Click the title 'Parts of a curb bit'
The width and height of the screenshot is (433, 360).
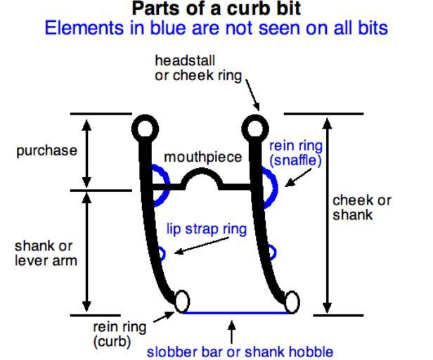coord(216,9)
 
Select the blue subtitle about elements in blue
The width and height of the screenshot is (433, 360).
coord(216,29)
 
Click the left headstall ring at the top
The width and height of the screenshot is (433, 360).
coord(144,129)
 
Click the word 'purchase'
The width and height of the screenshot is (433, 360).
coord(47,151)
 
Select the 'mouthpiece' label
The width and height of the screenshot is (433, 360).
coord(202,157)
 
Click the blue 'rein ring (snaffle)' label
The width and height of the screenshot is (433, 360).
coord(296,153)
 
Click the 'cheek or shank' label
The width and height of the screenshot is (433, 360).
coord(361,207)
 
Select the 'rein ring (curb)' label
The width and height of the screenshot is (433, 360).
coord(119,334)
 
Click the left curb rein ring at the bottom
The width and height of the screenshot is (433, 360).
coord(181,302)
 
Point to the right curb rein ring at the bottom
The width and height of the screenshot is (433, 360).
coord(291,302)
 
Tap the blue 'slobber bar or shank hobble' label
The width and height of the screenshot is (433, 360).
coord(239,351)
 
